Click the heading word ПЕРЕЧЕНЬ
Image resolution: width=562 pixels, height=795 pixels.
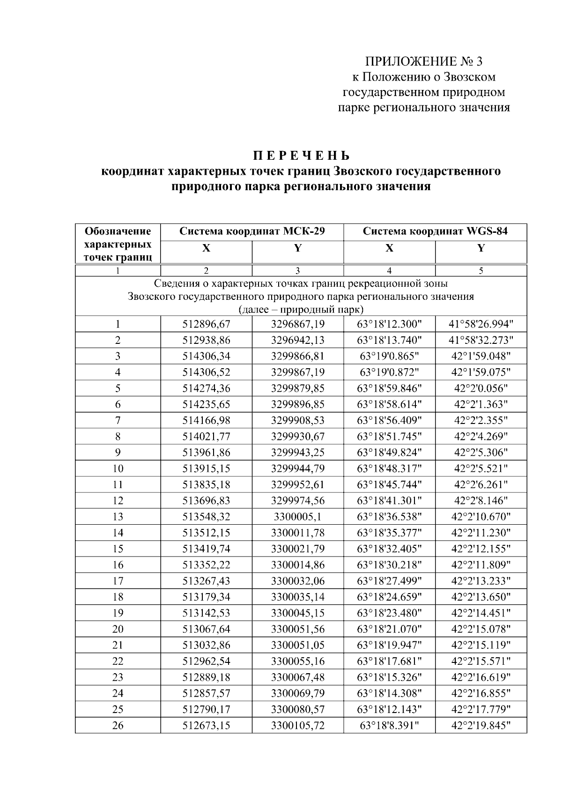coord(302,156)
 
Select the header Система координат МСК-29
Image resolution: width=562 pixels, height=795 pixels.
coord(252,231)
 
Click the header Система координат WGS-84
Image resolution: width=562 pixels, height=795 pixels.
coord(435,231)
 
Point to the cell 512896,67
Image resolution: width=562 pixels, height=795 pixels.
coord(206,324)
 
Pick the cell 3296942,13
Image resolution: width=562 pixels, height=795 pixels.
coord(297,340)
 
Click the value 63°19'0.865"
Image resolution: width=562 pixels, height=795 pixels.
coord(389,356)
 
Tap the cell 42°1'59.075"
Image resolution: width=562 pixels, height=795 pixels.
coord(481,372)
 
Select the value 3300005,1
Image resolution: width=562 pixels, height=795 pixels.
coord(297,517)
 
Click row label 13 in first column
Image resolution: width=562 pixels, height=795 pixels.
coord(118,517)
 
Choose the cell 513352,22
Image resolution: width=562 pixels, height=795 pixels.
coord(206,565)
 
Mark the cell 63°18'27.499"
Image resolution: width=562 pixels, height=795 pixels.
coord(389,581)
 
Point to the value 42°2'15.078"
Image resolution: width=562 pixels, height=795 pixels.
coord(481,629)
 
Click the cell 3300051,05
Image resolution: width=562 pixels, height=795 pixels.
coord(297,645)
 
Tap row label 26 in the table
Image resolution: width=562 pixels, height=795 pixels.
coord(118,726)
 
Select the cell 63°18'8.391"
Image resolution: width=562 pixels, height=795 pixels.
coord(389,726)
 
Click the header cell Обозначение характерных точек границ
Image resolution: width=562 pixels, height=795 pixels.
coord(118,244)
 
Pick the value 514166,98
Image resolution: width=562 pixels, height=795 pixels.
coord(206,420)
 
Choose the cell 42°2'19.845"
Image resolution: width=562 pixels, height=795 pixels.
coord(481,726)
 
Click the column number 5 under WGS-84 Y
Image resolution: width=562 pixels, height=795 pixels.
coord(481,270)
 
